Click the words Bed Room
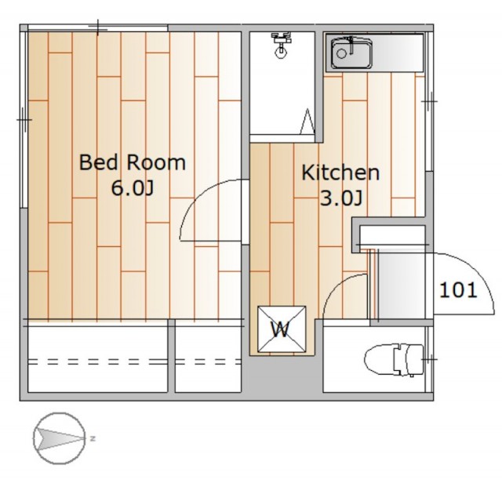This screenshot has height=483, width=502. click(x=133, y=162)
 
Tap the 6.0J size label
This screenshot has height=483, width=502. click(x=133, y=188)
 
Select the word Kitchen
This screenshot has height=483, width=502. click(x=340, y=172)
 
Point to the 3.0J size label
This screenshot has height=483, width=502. click(x=341, y=199)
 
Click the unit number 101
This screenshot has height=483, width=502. click(x=458, y=290)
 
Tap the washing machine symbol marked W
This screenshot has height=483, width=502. click(x=282, y=329)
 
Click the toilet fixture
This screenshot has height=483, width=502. click(x=395, y=360)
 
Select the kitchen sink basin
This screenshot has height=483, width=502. click(x=351, y=53)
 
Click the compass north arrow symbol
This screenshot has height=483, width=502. click(x=60, y=438)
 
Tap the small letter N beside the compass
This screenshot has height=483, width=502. click(x=93, y=438)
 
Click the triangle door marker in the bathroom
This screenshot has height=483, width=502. click(x=307, y=122)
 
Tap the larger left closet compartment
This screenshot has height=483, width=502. click(x=97, y=359)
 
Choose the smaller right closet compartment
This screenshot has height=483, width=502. click(x=208, y=359)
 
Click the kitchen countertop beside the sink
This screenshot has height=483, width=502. click(x=398, y=53)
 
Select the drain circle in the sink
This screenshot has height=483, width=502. click(x=341, y=53)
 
